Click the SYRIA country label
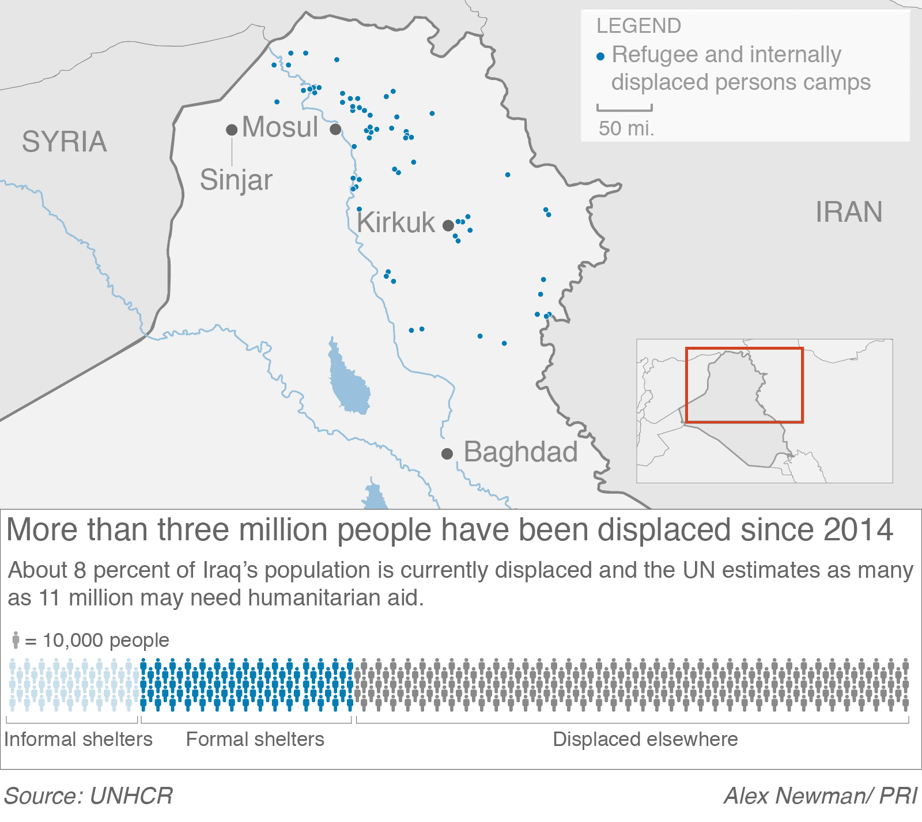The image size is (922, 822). coord(64,142)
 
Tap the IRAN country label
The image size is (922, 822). coord(848,212)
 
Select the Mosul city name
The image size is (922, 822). coord(280,127)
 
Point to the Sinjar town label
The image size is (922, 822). coord(236,180)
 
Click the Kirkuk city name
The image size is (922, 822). coord(396,222)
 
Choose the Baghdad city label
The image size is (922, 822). coord(520,452)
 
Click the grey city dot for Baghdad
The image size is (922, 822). coord(447,454)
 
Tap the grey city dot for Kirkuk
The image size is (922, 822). coord(448,225)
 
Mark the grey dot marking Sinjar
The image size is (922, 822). coord(232,130)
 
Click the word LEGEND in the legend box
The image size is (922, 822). coord(638,26)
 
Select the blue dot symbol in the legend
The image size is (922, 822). coord(600,56)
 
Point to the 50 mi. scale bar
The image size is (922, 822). coord(625,108)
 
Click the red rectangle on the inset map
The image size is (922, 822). coord(744,349)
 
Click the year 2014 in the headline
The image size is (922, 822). coord(858,529)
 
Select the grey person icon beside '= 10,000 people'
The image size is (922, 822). coord(16,640)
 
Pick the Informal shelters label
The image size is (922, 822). coord(78,739)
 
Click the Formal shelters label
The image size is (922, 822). coord(255,739)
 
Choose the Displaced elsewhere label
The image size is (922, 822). coord(645,739)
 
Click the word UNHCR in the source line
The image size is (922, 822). coord(131,796)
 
